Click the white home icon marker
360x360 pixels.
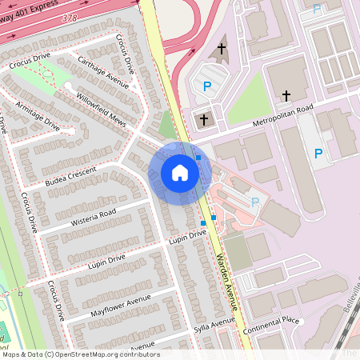click(x=180, y=173)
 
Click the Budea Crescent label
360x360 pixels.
click(x=71, y=176)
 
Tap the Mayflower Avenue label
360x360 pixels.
click(x=120, y=305)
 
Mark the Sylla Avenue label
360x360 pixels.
click(x=214, y=326)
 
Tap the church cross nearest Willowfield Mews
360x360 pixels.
click(x=203, y=121)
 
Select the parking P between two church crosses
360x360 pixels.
click(x=208, y=86)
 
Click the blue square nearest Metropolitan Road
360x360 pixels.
click(x=198, y=158)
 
